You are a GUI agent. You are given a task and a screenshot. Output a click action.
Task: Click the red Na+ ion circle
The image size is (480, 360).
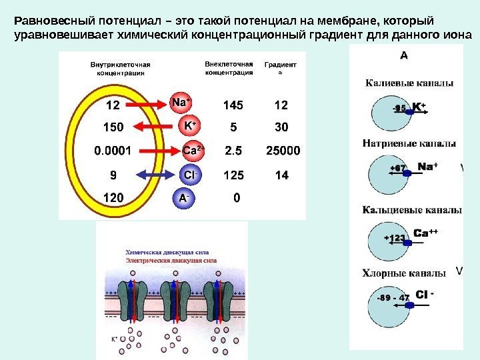(180, 103)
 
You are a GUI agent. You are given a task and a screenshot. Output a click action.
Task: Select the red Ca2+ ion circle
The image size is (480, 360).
(193, 151)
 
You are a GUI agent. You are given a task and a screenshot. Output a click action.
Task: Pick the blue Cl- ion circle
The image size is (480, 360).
(189, 175)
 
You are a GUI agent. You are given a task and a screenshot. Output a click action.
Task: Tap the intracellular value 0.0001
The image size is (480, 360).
(111, 151)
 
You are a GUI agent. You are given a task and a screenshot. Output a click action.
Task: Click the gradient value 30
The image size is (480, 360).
(281, 127)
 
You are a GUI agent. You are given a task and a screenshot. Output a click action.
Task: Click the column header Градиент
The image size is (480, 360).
(281, 65)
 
